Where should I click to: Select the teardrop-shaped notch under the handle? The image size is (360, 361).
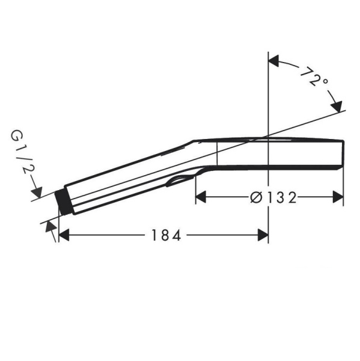180,181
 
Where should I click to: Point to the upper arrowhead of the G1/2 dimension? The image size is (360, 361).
37,192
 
